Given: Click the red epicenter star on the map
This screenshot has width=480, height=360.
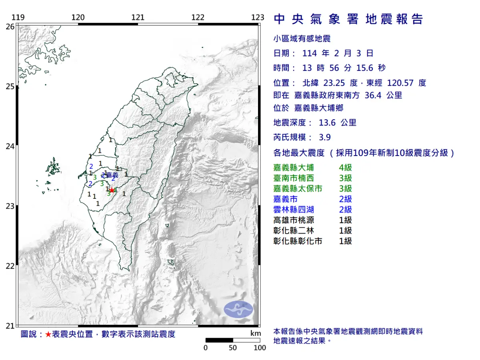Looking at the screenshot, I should [112, 190].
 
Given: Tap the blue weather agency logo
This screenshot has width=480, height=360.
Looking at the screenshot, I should [238, 310].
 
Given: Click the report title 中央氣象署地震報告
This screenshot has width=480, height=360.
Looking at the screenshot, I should [348, 19].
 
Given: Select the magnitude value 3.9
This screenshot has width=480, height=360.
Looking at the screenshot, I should [325, 137].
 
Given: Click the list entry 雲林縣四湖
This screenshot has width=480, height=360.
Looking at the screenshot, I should [293, 210].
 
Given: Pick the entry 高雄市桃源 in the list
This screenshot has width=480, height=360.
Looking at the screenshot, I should [293, 220].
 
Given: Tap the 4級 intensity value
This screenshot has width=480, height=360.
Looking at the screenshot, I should [345, 168].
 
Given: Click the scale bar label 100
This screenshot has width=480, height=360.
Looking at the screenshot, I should [260, 348].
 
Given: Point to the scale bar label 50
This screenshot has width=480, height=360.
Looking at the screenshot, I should [233, 348].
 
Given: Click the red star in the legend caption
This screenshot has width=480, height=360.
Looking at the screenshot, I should [48, 334].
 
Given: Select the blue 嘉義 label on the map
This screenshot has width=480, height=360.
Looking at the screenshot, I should [112, 175].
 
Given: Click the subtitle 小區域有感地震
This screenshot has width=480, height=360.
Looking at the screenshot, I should [302, 39].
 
